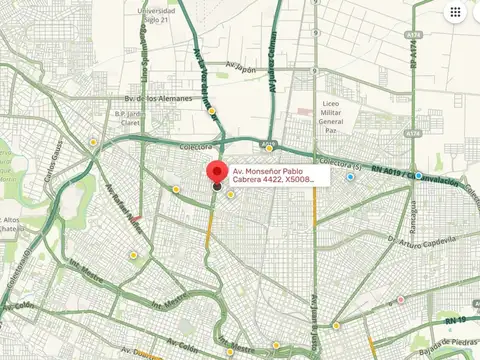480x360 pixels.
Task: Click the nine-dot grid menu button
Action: point(455,13)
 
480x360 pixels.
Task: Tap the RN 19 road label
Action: point(457,319)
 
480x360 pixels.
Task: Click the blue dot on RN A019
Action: point(350,177)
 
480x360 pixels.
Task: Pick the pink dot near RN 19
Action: point(400,300)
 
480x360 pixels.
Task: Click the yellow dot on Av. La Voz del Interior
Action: point(212,111)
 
